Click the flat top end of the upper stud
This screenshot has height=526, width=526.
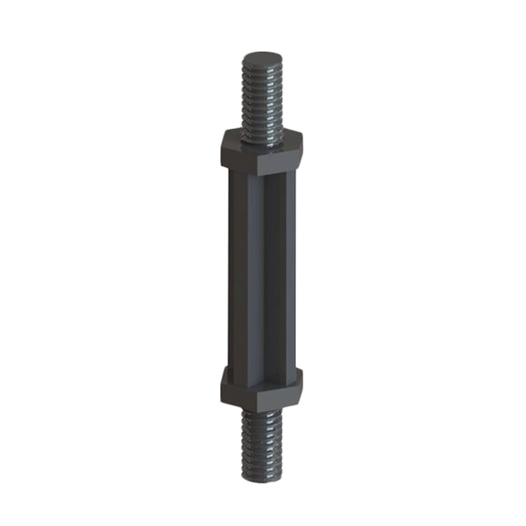coord(261,59)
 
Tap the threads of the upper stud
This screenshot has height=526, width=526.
coord(261,99)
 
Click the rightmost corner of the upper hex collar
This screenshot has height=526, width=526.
coord(302,141)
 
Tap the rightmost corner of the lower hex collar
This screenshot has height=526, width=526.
coord(302,380)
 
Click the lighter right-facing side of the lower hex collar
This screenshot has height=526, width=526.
coord(281,393)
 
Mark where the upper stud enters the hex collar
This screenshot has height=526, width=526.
coord(261,131)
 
